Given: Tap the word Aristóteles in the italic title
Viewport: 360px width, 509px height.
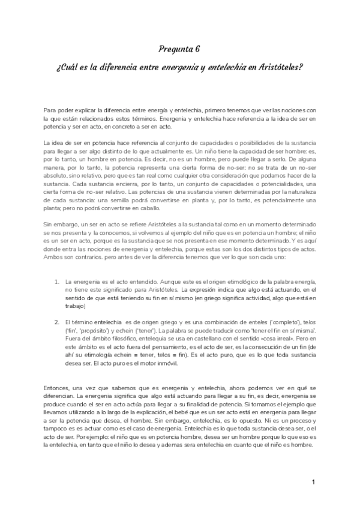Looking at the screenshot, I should (278, 68).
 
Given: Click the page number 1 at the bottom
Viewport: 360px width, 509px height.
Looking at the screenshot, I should (314, 483).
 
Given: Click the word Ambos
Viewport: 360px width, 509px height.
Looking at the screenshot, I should (53, 258).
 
